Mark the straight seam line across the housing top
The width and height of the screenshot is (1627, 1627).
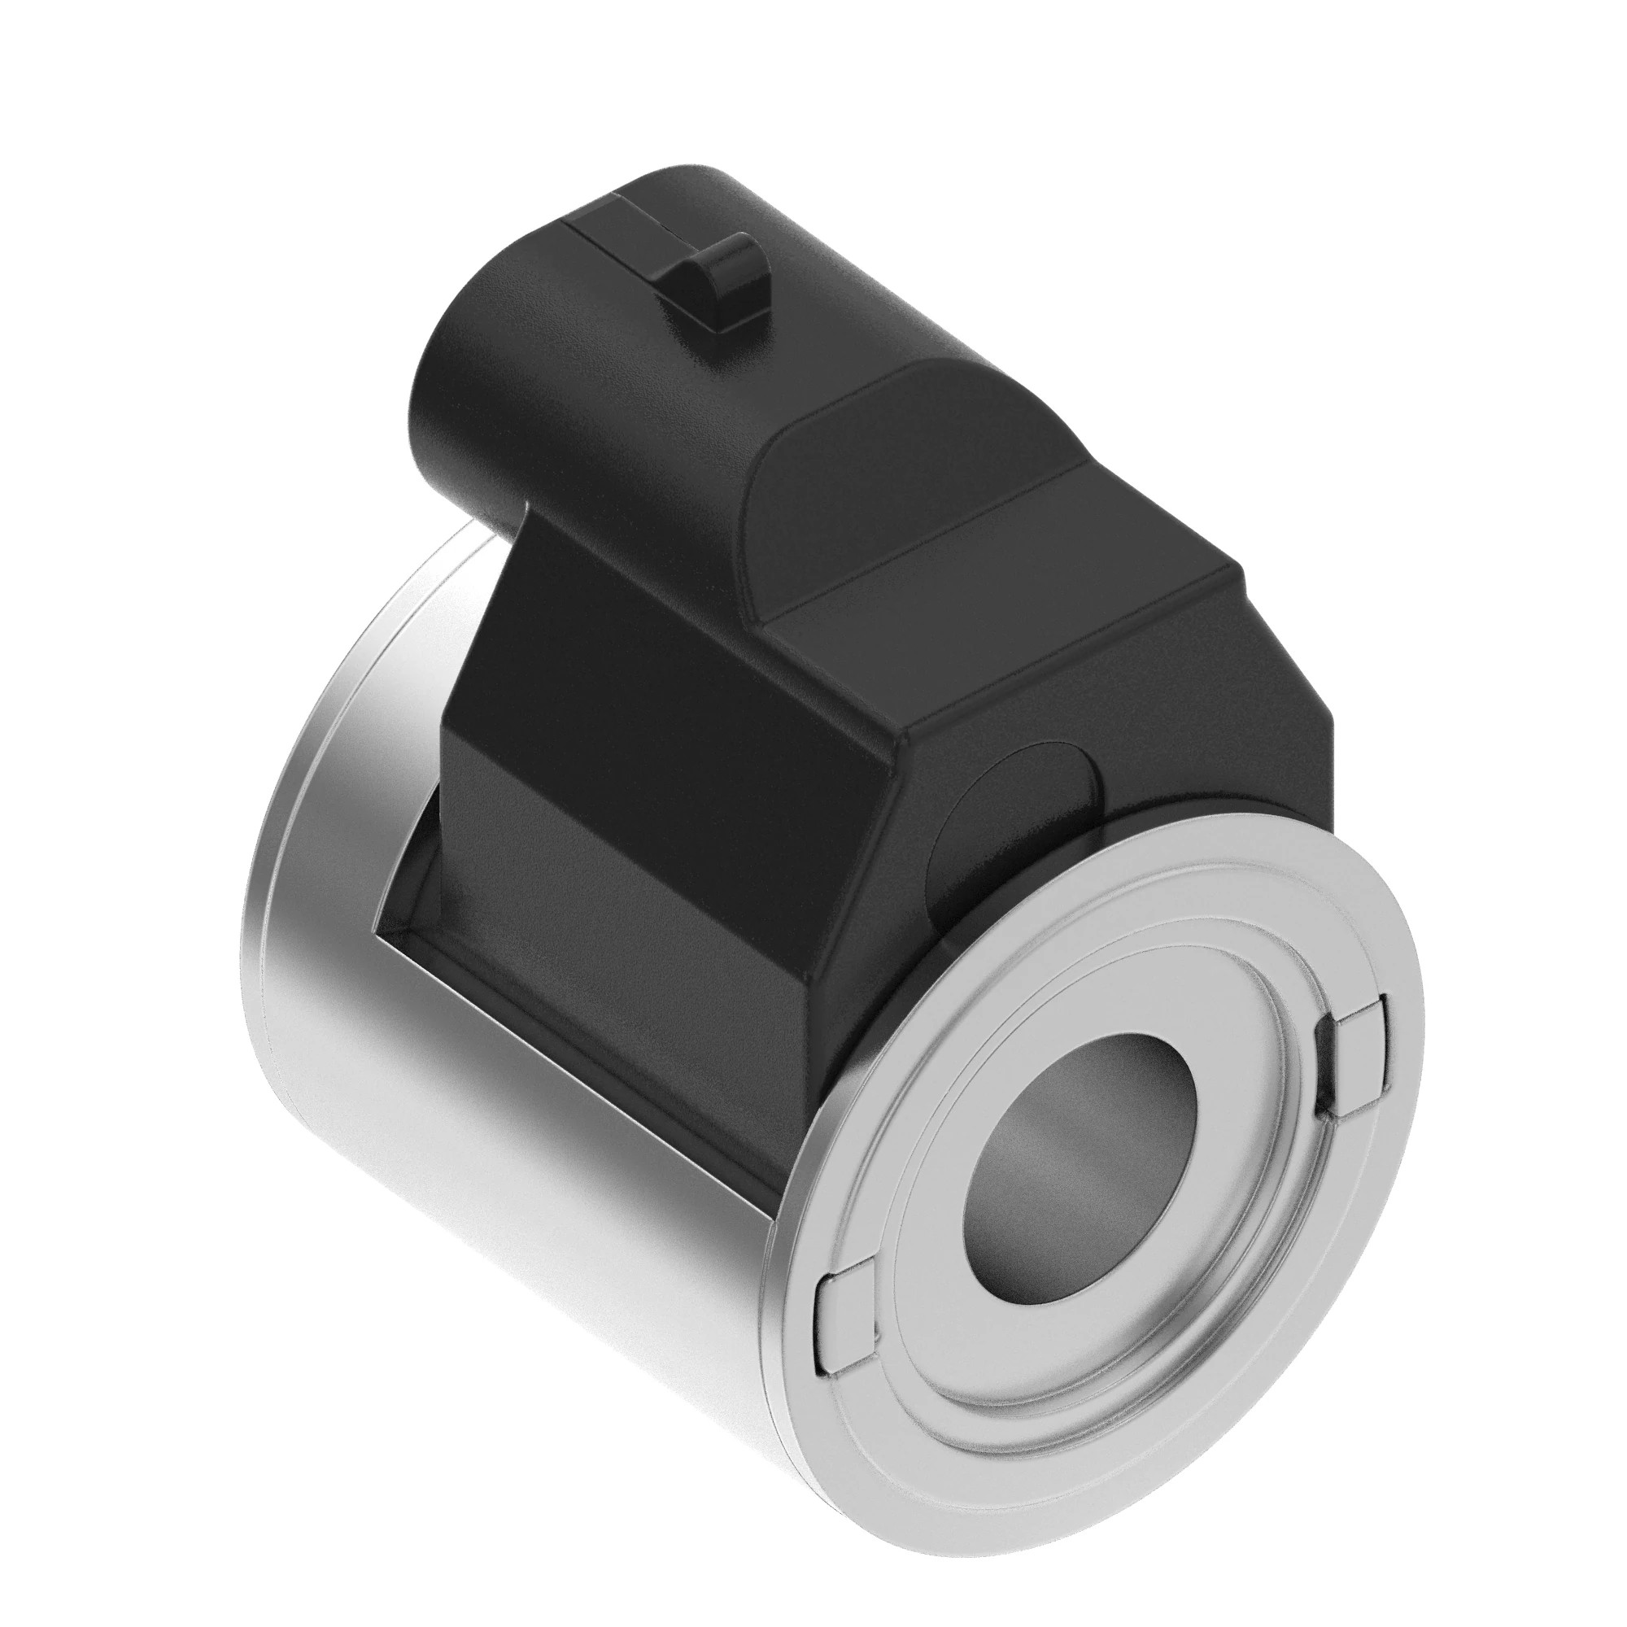click(927, 547)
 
